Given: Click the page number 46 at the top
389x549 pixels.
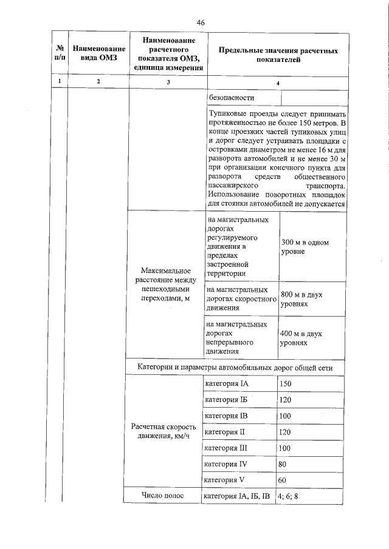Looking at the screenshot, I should [201, 22].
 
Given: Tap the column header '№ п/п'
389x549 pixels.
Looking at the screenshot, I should [59, 53].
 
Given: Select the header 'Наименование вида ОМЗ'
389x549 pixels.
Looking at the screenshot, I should [98, 53].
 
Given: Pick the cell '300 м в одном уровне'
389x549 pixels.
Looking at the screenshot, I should [305, 247].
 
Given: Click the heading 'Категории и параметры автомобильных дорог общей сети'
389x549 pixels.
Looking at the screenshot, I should [235, 368].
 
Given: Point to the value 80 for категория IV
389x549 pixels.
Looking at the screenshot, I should [283, 464].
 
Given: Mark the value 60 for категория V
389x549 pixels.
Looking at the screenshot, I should [283, 480].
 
